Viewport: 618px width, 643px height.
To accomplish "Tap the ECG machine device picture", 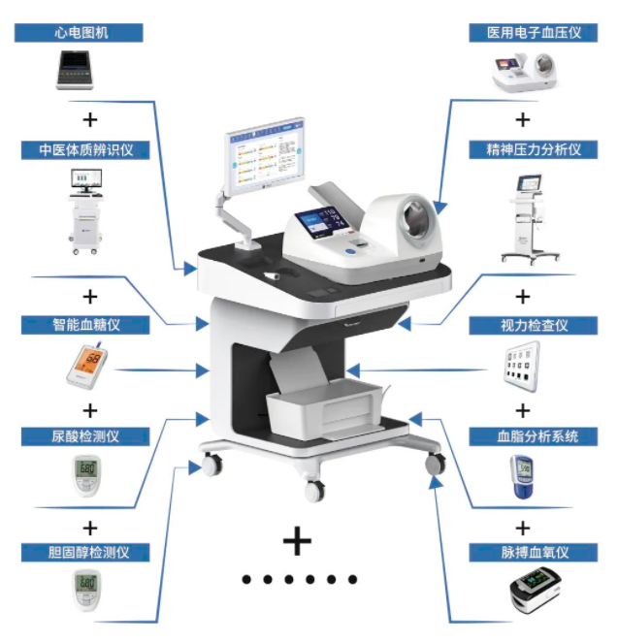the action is click(x=75, y=70).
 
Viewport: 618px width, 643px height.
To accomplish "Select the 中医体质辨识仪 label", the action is click(x=85, y=150).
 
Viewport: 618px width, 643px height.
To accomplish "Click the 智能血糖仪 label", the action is click(x=85, y=325).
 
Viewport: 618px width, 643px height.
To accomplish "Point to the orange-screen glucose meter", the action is click(x=87, y=366).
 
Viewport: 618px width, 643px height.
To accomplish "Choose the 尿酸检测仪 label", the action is click(x=85, y=436).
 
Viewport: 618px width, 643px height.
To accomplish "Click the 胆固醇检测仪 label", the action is click(x=85, y=553).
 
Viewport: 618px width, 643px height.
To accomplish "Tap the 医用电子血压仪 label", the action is click(x=534, y=33).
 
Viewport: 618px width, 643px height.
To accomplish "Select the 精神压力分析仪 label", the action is click(x=534, y=150).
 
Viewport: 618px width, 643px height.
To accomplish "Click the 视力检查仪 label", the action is click(x=534, y=326).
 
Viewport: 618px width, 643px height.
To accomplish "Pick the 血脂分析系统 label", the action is click(x=534, y=436).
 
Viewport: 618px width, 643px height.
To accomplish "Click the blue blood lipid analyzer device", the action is click(x=522, y=476).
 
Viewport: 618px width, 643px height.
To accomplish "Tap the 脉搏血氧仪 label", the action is click(x=534, y=553).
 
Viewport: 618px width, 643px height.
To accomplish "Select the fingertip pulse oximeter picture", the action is click(x=536, y=591).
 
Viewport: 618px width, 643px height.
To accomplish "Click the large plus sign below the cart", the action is click(x=297, y=541).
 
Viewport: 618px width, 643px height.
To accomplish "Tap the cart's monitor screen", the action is click(x=265, y=154).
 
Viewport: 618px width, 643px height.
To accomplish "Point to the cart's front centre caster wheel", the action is click(x=314, y=490).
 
